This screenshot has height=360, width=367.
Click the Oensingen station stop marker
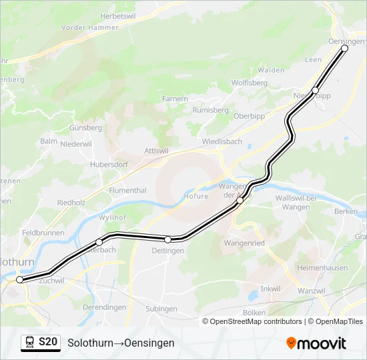point(344,49)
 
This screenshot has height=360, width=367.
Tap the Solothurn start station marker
point(20,279)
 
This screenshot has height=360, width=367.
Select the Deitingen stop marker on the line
point(168,239)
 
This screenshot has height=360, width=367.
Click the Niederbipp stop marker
point(316,90)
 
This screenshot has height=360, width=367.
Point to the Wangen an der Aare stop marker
point(240,200)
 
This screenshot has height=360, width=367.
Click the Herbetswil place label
point(117,15)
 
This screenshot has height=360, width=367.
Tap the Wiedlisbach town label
point(222,142)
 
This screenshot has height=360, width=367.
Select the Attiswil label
point(156,151)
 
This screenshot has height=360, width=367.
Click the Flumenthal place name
point(127,191)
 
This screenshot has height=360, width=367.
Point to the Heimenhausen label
point(322,268)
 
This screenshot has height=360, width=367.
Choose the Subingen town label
point(161,309)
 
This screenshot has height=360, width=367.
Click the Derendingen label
point(105,307)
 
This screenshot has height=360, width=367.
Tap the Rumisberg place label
point(210,110)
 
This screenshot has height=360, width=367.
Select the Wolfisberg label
point(250,83)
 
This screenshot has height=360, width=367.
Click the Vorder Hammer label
point(89,27)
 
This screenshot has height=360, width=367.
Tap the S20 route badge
point(48,343)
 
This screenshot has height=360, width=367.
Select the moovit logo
point(316,343)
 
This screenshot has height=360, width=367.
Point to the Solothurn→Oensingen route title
point(121,343)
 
